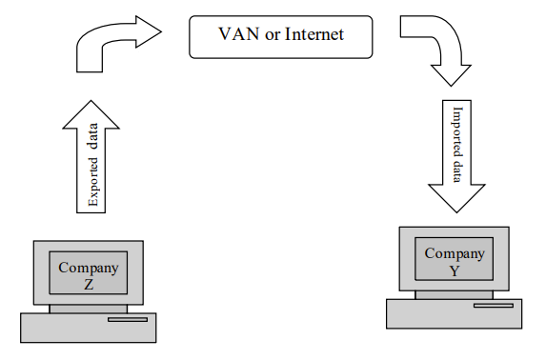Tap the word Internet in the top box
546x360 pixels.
(x=309, y=35)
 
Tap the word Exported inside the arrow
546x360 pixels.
(x=91, y=180)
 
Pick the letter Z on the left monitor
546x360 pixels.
(x=88, y=284)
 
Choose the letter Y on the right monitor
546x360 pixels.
(x=454, y=270)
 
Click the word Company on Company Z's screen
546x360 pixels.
(x=88, y=268)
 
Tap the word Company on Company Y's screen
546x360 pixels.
(x=454, y=253)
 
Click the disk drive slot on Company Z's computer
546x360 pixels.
(x=127, y=320)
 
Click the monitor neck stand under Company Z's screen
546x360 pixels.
(x=88, y=309)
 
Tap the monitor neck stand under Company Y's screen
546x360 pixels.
(x=454, y=294)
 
